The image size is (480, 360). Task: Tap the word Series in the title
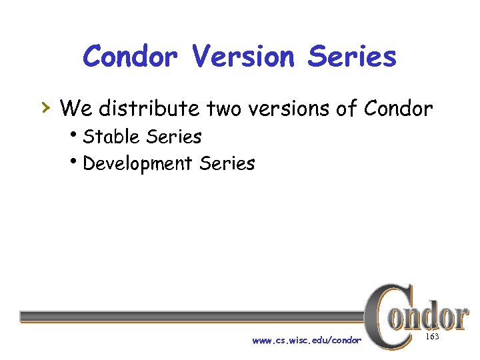point(351,57)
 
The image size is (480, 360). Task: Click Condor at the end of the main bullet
point(398,107)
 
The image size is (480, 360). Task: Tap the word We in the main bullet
point(76,107)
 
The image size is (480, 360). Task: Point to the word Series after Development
point(227,163)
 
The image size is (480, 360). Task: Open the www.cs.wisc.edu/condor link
point(306,340)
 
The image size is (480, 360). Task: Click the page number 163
point(431,337)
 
